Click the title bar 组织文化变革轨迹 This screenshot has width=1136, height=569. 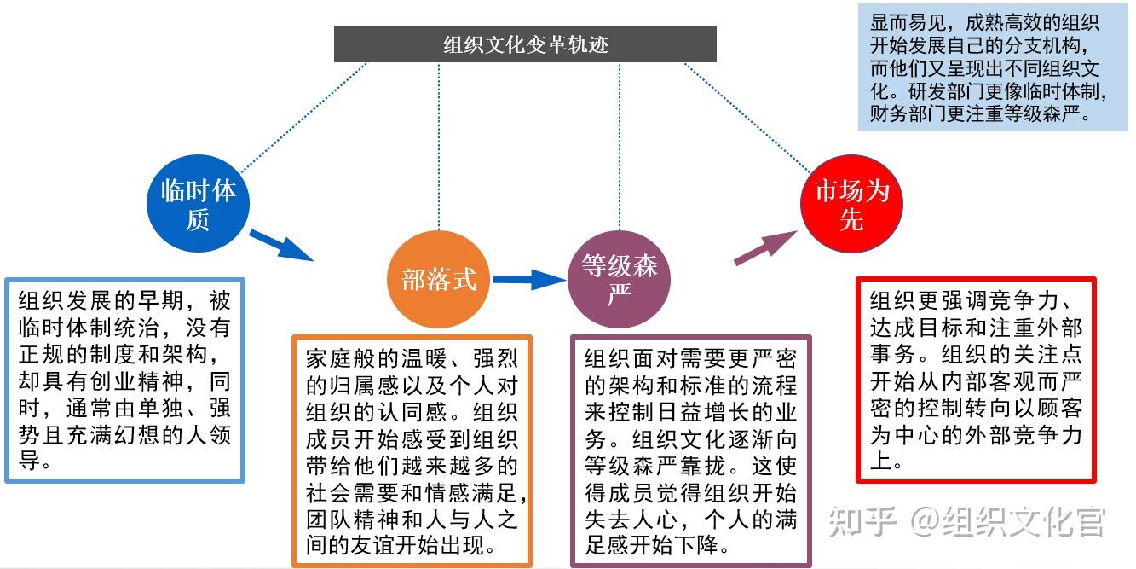(x=525, y=44)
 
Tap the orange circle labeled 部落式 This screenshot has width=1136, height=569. (x=439, y=279)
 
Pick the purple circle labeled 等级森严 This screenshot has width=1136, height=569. (x=619, y=279)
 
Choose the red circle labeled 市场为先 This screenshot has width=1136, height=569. (x=851, y=203)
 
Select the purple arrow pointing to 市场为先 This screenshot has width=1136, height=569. (x=764, y=247)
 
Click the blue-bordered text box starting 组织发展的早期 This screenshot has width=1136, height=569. (x=124, y=380)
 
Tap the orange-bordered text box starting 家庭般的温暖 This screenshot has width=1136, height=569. (x=412, y=451)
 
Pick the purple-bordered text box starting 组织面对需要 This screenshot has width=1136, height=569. (x=690, y=451)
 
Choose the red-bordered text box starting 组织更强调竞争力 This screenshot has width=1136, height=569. (x=976, y=380)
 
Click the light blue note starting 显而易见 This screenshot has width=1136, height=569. (x=986, y=68)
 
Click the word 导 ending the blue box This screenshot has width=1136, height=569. (x=28, y=462)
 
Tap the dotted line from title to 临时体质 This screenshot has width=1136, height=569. (x=303, y=118)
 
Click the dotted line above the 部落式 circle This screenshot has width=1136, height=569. (x=439, y=145)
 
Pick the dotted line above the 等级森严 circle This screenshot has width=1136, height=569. (x=620, y=145)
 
